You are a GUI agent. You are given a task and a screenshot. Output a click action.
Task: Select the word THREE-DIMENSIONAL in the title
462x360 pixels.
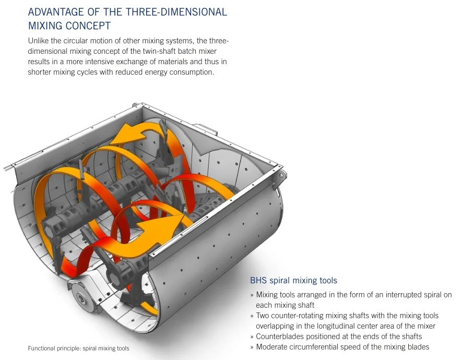tap(176, 12)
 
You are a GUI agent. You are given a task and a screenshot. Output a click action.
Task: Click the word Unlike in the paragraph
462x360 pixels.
tap(38, 41)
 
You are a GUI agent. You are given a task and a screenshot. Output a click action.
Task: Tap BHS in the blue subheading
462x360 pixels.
tap(258, 280)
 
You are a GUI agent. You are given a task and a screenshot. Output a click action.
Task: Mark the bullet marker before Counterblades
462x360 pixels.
tap(252, 337)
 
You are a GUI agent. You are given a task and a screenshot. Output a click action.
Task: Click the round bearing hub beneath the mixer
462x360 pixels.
tap(81, 298)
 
